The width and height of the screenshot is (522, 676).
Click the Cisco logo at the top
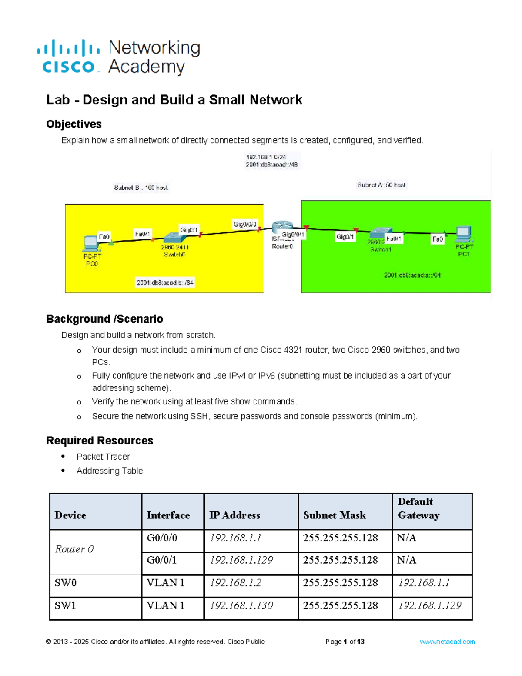(69, 57)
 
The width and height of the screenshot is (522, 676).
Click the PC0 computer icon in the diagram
(91, 243)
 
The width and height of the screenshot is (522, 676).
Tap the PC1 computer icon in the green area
(464, 234)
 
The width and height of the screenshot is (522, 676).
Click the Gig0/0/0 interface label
(245, 224)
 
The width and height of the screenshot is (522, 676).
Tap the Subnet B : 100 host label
(141, 188)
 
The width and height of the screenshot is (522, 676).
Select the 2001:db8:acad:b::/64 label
(165, 283)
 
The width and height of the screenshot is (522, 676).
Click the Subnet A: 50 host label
(381, 185)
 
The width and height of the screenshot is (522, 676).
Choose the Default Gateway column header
(418, 508)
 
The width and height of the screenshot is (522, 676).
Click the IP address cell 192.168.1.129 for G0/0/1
(241, 560)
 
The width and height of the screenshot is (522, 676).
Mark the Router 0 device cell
(74, 549)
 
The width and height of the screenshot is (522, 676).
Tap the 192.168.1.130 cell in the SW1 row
(241, 605)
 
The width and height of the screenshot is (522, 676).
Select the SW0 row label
(66, 583)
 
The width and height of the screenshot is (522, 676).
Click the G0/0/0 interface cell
(162, 538)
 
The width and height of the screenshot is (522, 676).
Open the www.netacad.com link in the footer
(447, 642)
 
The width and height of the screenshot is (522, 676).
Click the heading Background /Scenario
(104, 319)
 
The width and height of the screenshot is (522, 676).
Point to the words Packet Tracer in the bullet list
(103, 457)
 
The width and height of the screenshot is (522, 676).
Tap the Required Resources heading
(100, 441)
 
